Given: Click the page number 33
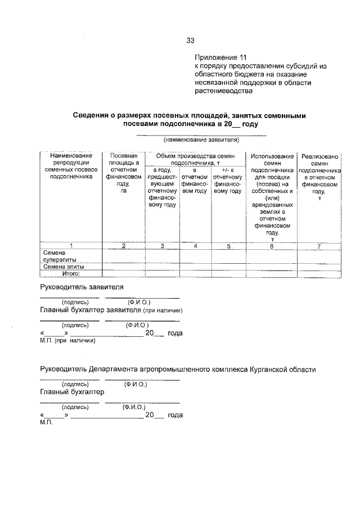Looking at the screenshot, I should point(190,40).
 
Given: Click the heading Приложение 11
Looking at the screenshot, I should point(220,57).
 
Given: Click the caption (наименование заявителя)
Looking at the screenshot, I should point(201,139).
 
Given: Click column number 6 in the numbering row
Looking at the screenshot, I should point(271,246).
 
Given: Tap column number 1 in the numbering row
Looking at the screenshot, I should point(70,246).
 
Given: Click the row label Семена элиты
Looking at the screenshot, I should point(64,267).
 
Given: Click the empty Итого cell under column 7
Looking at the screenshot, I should point(319,274).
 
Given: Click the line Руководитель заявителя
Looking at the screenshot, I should point(82,287).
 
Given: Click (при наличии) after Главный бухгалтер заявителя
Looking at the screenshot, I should point(162,310).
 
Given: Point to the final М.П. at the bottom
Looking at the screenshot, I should point(46,422).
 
